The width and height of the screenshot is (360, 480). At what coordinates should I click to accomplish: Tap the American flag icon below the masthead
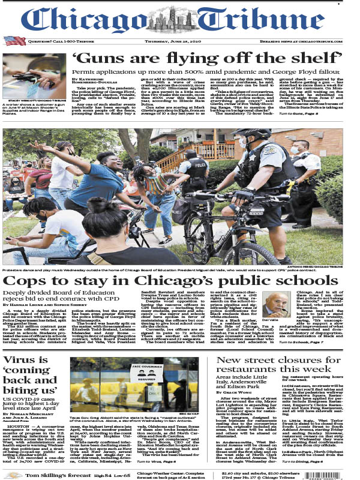click(x=11, y=41)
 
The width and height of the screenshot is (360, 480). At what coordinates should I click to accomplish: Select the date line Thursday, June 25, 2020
click(x=179, y=41)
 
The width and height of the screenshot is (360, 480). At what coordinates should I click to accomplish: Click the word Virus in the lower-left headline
click(x=20, y=360)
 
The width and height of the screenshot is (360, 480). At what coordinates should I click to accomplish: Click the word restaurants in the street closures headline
click(x=250, y=370)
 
